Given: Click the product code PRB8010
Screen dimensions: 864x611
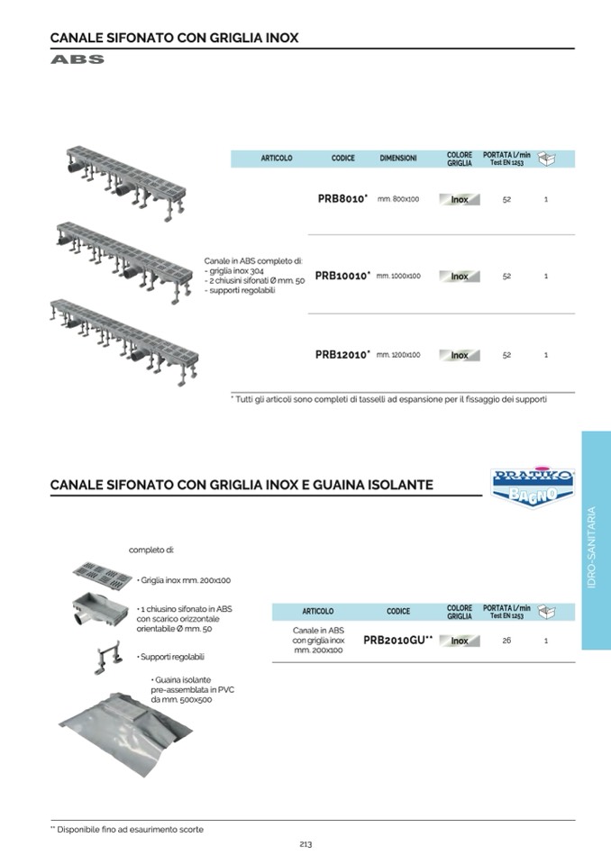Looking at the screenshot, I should coord(342,199).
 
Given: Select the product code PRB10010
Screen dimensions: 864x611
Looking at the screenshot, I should coord(342,276).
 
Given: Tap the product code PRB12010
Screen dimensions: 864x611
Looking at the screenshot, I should coord(342,355).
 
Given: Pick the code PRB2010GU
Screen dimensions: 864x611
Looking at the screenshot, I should coord(397,640).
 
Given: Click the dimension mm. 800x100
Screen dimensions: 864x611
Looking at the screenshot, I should coord(398,199).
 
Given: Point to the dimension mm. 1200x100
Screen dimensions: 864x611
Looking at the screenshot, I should coord(398,355).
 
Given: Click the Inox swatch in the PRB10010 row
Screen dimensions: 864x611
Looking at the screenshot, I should coord(460,277).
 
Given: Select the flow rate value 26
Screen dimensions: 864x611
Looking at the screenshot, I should coord(507,640).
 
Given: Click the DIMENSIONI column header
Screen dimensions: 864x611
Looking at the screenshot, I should coord(398,159).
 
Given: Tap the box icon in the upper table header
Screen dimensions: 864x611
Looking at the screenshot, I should coord(547,159).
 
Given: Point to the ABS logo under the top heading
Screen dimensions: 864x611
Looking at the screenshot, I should coord(78,60).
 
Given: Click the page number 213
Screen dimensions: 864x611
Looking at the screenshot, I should coord(305,844).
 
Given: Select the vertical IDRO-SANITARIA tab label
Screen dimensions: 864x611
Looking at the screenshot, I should coord(591,547).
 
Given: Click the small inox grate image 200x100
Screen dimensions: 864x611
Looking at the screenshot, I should coord(102,573).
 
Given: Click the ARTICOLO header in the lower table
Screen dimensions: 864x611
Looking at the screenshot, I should coord(318,612).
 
